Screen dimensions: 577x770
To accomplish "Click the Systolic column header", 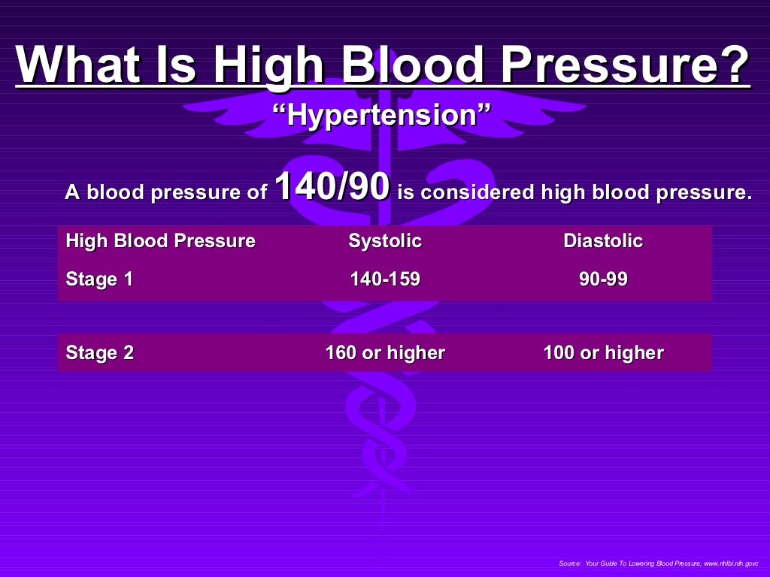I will (x=385, y=241).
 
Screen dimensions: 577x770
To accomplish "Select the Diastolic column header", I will (x=603, y=241).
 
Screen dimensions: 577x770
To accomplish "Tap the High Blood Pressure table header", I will (x=160, y=241).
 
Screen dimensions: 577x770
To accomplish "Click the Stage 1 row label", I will (x=100, y=279).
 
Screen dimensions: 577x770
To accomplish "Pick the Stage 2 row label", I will (x=100, y=353).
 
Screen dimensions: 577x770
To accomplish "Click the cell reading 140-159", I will (x=385, y=279).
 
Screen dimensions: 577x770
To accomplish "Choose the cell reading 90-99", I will (x=603, y=279).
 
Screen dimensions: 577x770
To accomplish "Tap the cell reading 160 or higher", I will (x=385, y=353).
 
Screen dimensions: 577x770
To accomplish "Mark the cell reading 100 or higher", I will (x=603, y=353).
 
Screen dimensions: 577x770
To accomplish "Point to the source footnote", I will (x=659, y=563).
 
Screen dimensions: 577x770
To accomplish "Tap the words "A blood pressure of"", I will (x=165, y=192).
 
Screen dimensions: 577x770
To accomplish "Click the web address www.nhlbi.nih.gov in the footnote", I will (x=730, y=563).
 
